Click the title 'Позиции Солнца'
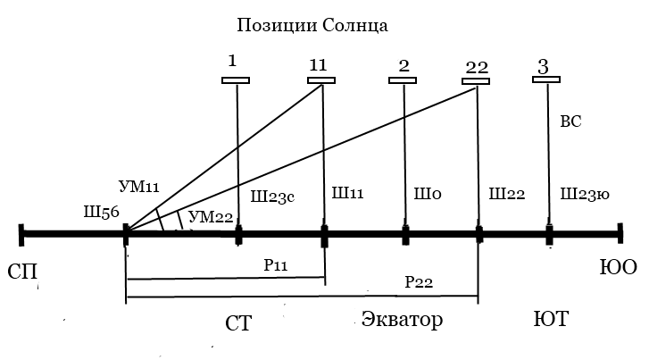(x=312, y=26)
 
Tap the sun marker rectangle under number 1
(x=236, y=80)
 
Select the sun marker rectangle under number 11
(x=321, y=80)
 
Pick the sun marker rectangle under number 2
(x=403, y=80)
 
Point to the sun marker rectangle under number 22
(x=476, y=81)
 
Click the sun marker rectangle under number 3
(x=546, y=80)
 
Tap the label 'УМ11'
(x=139, y=187)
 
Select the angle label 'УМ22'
(x=211, y=217)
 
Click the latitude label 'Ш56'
(x=102, y=213)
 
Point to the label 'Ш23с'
(x=272, y=197)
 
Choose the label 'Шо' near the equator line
(x=428, y=194)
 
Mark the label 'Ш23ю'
(x=585, y=194)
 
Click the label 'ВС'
(x=570, y=121)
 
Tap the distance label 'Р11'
(x=276, y=265)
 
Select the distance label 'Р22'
(x=419, y=282)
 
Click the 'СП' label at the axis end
(x=22, y=272)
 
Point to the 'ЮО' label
(x=619, y=267)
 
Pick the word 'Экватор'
(x=402, y=319)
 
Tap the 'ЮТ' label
(x=551, y=319)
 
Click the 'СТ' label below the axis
(x=238, y=323)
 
